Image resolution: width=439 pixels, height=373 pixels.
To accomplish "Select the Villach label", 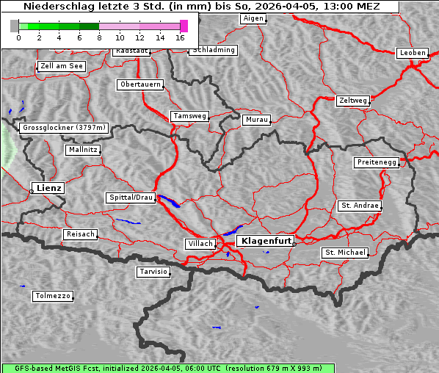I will (200, 243).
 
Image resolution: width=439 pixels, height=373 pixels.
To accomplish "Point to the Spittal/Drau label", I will (131, 198).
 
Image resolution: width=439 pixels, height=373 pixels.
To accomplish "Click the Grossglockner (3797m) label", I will (65, 128).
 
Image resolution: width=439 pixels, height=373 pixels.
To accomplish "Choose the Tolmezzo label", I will (53, 297).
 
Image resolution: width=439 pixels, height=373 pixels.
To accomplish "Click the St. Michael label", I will (345, 253).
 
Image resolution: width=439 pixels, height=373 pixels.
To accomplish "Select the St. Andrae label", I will (360, 206).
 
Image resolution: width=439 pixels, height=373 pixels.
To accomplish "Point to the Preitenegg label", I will (377, 162).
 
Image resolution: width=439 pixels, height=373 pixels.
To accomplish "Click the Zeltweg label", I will (352, 100).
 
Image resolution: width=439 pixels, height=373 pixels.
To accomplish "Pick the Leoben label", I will (412, 53).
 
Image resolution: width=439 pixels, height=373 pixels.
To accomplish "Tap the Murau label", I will (257, 119).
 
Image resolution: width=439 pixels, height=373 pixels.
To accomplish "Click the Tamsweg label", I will (190, 116).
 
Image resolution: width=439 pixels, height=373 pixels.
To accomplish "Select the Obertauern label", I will (139, 84).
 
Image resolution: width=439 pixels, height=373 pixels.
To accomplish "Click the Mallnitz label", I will (82, 149).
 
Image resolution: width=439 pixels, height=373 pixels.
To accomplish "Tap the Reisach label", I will (80, 234).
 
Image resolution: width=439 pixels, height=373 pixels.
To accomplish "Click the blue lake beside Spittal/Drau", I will (170, 201).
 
